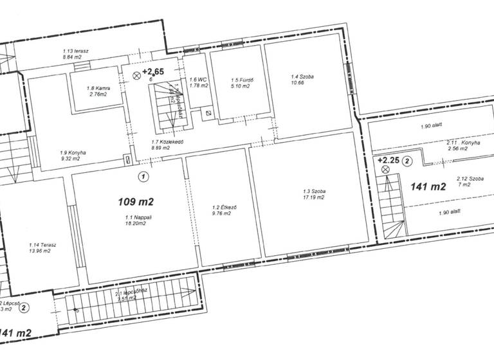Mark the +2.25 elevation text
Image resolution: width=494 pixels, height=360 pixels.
[390, 160]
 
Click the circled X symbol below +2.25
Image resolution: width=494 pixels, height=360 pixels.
[385, 170]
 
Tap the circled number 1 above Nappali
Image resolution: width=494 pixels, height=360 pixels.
[143, 175]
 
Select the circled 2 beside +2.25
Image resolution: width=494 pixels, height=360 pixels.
[407, 161]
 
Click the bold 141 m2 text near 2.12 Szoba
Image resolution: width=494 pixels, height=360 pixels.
[428, 187]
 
